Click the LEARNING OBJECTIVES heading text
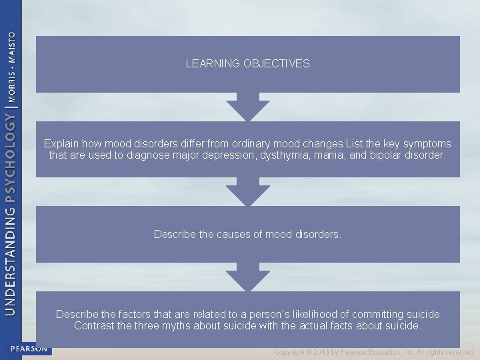(247, 64)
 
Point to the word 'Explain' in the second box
(61, 143)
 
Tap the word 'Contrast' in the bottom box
(94, 326)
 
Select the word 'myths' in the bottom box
(171, 326)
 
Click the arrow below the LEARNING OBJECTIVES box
(247, 106)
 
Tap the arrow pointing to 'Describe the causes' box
(247, 191)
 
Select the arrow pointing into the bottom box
(247, 277)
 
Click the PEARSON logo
(29, 348)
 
